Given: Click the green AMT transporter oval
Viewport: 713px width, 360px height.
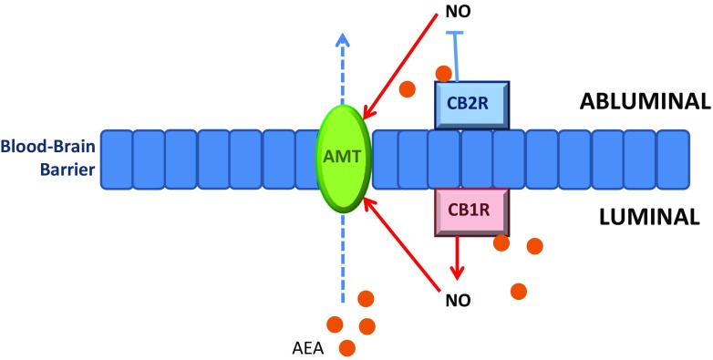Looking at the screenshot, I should [342, 156].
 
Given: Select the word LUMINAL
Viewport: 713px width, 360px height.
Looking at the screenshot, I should [649, 217].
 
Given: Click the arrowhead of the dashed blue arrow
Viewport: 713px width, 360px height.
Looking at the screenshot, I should [343, 41].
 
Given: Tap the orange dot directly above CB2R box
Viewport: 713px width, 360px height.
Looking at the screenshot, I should [444, 72].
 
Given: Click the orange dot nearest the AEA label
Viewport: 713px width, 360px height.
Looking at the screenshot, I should [346, 347].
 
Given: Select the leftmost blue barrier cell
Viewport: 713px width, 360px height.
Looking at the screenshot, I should [116, 158].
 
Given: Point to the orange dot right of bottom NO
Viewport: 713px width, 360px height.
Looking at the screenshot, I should [519, 292].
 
